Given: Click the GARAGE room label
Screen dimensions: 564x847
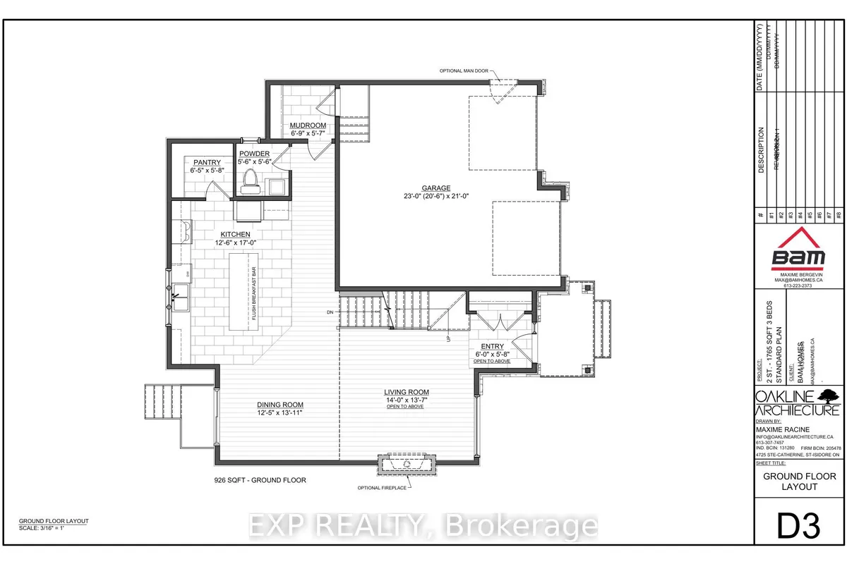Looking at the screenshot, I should click(436, 188).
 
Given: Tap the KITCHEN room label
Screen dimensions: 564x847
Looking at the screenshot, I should click(235, 234).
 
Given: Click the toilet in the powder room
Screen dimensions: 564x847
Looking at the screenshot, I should click(249, 181).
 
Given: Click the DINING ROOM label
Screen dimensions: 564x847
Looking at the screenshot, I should click(260, 405).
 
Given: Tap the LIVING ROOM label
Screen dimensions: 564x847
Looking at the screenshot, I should click(406, 392).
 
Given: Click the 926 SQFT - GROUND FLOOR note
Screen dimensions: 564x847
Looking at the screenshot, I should click(260, 479).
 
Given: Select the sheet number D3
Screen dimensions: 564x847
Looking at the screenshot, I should click(800, 527).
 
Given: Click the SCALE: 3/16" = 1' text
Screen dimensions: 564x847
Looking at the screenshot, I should click(47, 528).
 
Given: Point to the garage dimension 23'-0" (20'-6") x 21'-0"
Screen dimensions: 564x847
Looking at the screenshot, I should click(436, 197).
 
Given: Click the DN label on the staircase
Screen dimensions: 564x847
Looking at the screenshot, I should click(330, 312).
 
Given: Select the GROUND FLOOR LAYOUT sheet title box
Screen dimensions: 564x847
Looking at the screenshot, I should click(799, 482).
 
